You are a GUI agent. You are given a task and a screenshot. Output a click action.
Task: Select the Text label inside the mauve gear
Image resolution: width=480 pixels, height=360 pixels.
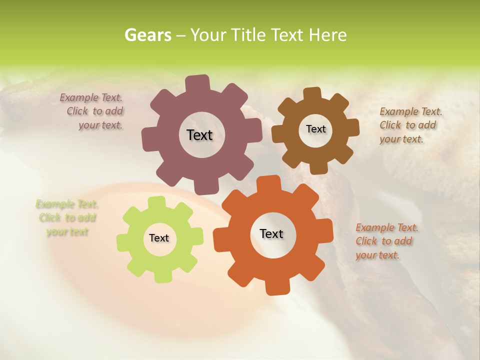[x=199, y=135]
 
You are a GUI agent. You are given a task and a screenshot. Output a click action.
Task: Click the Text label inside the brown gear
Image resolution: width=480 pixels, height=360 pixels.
[x=315, y=129]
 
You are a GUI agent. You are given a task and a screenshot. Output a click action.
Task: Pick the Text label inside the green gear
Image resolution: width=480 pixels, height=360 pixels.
[x=159, y=238]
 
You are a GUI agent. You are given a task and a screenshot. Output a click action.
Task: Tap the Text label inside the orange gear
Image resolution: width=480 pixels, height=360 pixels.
[x=271, y=233]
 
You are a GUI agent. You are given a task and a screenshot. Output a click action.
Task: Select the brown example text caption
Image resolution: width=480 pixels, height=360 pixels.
[x=410, y=125]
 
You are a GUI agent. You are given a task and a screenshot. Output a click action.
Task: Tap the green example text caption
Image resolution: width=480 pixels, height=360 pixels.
[x=67, y=218]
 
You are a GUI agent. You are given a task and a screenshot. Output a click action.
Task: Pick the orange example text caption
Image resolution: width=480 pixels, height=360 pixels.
[x=386, y=241]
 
